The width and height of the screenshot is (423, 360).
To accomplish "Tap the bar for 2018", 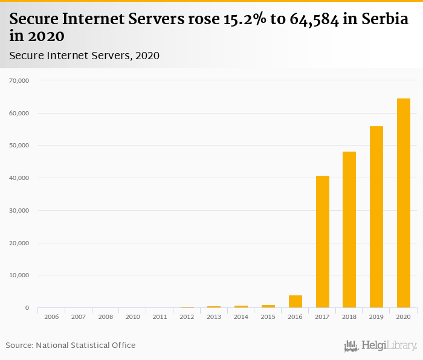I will (x=349, y=230).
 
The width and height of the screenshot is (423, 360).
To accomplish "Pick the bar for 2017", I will (x=322, y=242).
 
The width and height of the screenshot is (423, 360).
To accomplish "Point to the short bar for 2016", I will (x=295, y=302).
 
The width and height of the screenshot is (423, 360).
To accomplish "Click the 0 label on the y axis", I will (x=27, y=308).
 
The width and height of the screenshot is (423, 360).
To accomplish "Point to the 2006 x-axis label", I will (x=51, y=317).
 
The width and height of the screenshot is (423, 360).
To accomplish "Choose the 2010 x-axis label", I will (x=132, y=317).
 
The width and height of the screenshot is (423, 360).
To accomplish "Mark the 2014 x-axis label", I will (x=241, y=317).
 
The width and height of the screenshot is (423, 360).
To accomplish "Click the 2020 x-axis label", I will (x=403, y=317).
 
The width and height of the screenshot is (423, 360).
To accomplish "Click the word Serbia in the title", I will (x=386, y=20).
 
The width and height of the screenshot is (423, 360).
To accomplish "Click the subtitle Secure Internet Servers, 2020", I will (x=85, y=56).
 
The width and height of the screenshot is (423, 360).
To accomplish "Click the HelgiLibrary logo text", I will (x=389, y=346).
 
